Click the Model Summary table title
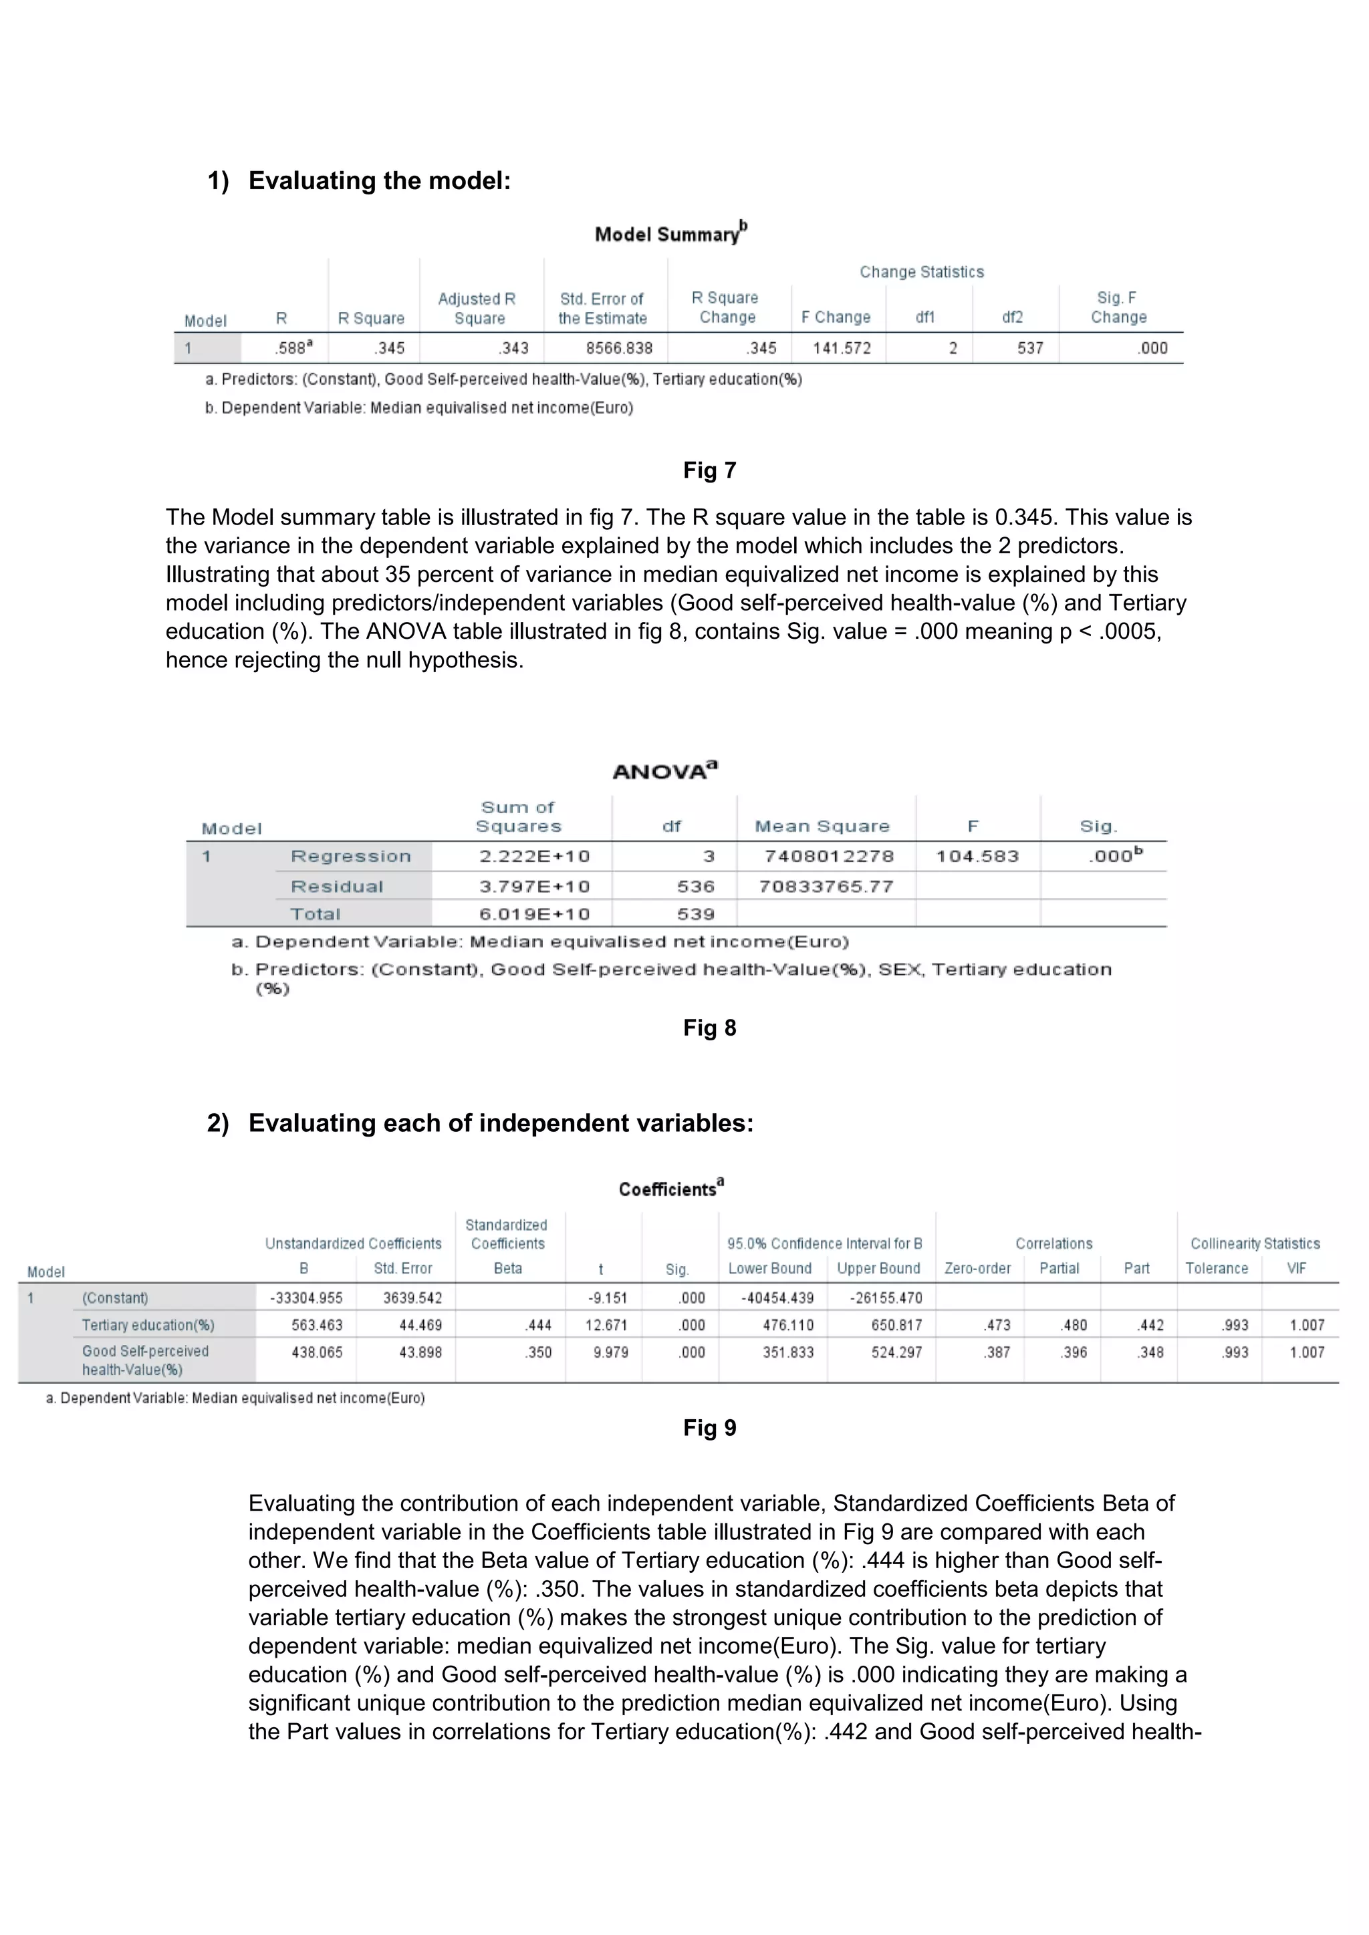(670, 233)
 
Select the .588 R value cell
(293, 348)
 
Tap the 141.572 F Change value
(842, 348)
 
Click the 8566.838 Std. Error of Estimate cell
(619, 348)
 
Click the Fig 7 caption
(709, 470)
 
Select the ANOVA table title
(664, 771)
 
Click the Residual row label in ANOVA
(336, 887)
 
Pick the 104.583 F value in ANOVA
(977, 857)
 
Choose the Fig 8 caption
(709, 1028)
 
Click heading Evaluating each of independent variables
(500, 1123)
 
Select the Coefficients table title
(671, 1188)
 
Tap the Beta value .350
(538, 1352)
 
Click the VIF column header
(1297, 1268)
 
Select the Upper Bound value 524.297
(896, 1352)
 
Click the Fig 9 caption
(709, 1428)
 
